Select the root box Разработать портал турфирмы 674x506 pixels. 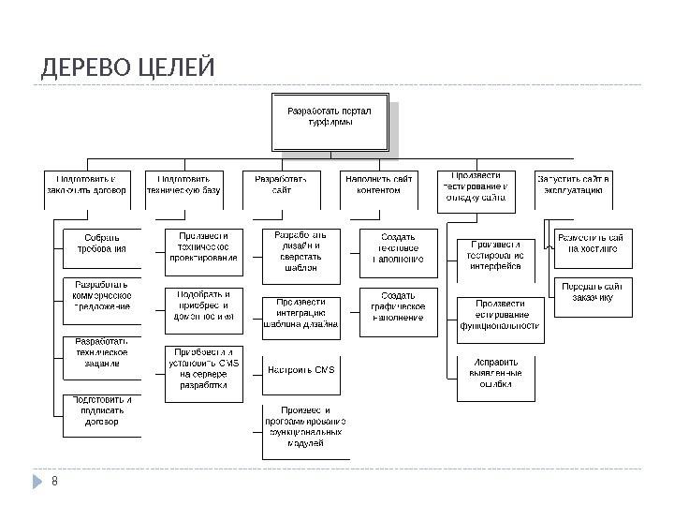pos(329,120)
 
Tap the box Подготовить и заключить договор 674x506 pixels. pos(87,184)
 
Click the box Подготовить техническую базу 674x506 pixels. pos(183,184)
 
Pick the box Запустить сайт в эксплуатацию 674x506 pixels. pos(574,184)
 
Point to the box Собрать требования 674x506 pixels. pos(102,244)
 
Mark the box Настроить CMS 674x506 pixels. pos(300,369)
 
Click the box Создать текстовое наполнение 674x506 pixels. pos(399,251)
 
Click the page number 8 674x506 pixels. pos(54,482)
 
